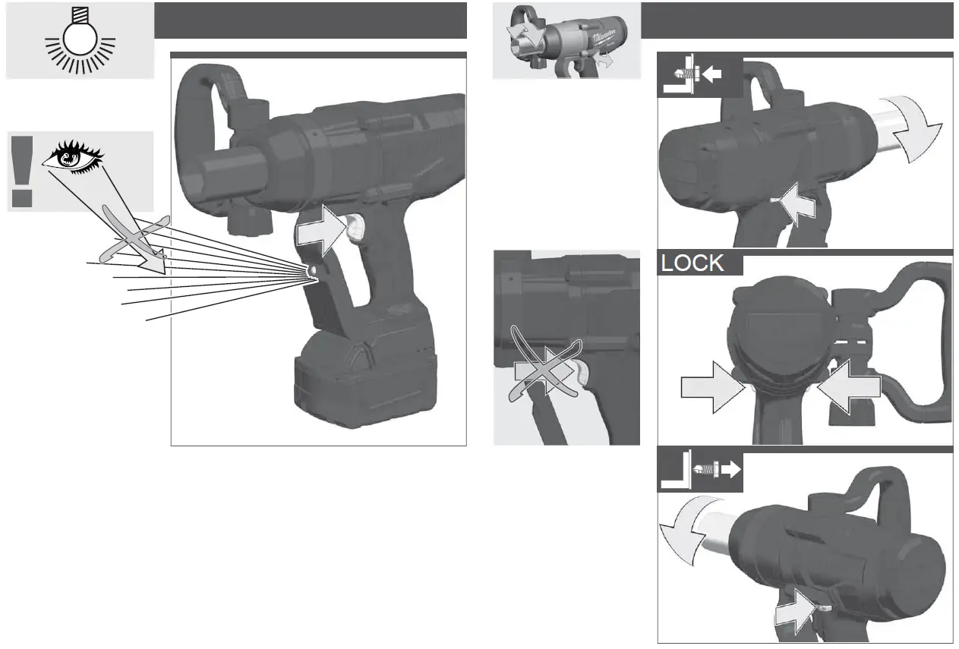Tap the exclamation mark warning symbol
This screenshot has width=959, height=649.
[x=22, y=171]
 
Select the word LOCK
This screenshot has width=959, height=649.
[x=692, y=263]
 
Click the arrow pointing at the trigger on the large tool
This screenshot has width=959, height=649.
[x=317, y=232]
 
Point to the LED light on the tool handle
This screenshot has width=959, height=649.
[x=312, y=270]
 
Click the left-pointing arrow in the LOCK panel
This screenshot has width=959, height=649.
[x=848, y=388]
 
